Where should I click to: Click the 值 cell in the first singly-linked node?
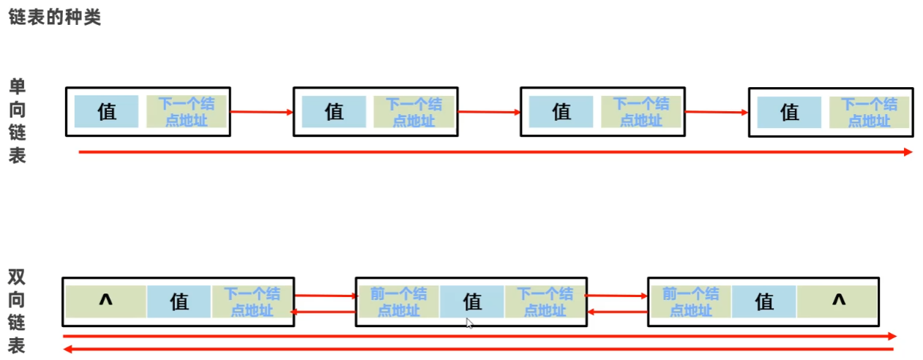pos(106,112)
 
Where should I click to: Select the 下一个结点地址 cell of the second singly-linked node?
pos(414,112)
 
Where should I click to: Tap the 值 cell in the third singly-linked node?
pos(561,112)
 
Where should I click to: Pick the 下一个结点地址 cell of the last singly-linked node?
pos(869,113)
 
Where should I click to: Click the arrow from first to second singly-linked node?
pos(261,112)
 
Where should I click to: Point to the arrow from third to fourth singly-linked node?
pos(716,112)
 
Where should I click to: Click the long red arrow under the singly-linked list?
pos(495,151)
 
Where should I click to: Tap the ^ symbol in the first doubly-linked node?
pos(105,301)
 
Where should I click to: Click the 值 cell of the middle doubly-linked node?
pos(472,301)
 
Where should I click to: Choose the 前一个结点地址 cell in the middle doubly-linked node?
pos(398,301)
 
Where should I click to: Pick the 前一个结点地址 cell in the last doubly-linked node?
pos(690,301)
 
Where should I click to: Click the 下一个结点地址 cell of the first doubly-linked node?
pos(252,301)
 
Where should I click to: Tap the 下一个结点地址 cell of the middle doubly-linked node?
pos(545,301)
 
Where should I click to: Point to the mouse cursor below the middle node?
pos(469,322)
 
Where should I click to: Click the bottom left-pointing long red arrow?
pos(479,350)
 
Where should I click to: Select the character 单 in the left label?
pos(17,87)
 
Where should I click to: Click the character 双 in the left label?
pos(17,277)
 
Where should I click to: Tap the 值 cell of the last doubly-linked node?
pos(764,301)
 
